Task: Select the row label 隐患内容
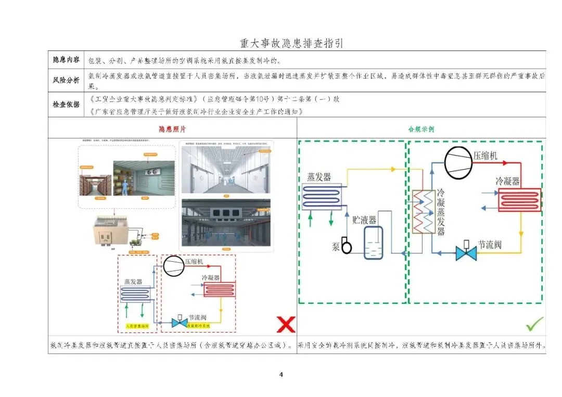tap(66, 59)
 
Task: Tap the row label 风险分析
tap(66, 80)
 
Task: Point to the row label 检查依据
tap(66, 105)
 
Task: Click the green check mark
tap(534, 324)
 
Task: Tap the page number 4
tap(281, 374)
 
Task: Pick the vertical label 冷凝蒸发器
tap(441, 212)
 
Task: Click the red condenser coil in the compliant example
tap(519, 200)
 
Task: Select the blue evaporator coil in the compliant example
tap(322, 196)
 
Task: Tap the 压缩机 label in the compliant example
tap(485, 156)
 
